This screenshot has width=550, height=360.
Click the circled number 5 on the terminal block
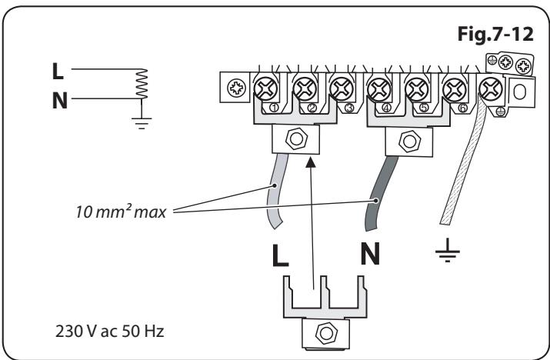424,107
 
